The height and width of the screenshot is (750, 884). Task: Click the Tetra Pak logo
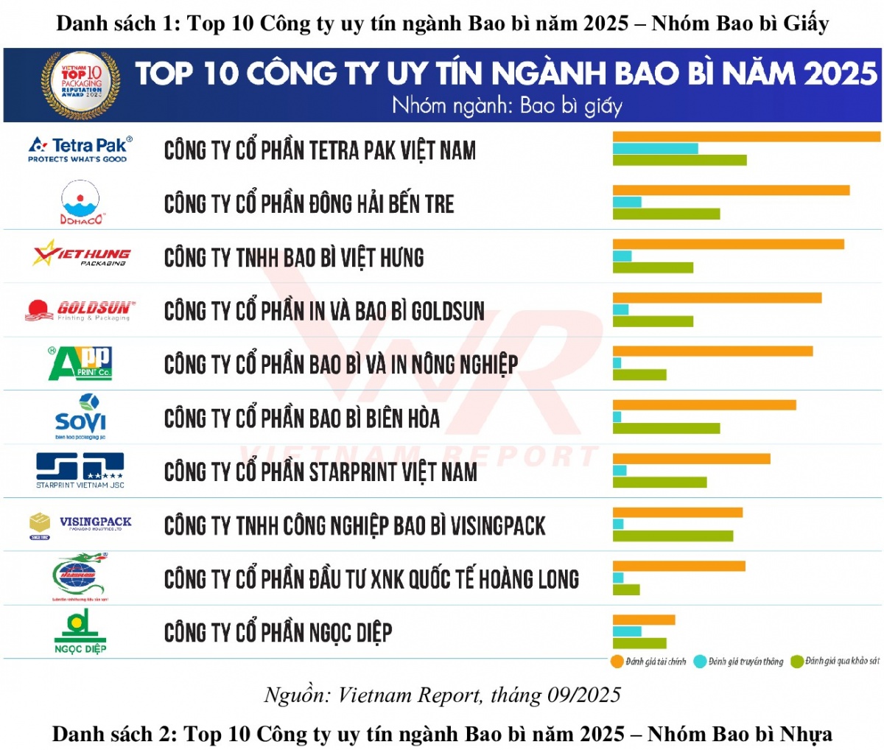(x=80, y=149)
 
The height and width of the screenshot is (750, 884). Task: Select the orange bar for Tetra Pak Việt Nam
(x=746, y=136)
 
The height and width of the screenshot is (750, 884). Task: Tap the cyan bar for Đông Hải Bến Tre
(x=627, y=202)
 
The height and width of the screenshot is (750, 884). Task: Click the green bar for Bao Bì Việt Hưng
(x=653, y=267)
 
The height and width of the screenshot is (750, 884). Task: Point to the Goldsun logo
(x=80, y=310)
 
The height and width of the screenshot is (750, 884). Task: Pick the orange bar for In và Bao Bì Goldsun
(x=717, y=298)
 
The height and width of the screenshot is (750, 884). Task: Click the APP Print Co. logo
(x=80, y=363)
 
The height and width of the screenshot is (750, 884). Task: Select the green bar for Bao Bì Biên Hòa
(x=666, y=428)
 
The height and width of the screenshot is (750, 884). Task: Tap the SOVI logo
(x=80, y=417)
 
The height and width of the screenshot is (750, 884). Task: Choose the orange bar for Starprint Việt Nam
(x=691, y=459)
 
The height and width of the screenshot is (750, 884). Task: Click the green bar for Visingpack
(x=673, y=536)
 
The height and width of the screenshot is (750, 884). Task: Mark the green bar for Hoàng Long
(x=626, y=589)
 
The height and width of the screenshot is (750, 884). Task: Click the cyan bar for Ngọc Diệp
(x=627, y=631)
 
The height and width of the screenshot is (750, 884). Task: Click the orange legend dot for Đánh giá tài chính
(x=617, y=662)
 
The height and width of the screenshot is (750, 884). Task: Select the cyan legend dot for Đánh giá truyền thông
(x=700, y=662)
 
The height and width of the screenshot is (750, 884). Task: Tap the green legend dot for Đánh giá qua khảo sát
(x=796, y=662)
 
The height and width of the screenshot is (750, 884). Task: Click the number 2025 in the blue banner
(x=840, y=74)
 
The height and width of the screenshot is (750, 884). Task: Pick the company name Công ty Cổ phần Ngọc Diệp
(x=278, y=633)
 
